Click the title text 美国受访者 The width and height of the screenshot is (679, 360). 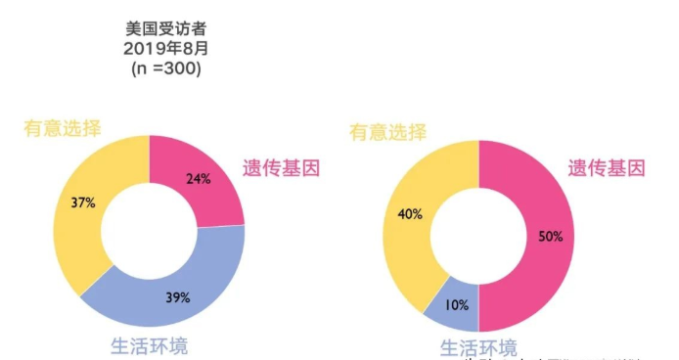click(x=163, y=28)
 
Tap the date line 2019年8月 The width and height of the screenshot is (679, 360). click(x=163, y=49)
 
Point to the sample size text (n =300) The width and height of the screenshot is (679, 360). click(x=163, y=69)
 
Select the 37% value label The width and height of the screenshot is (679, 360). click(x=83, y=203)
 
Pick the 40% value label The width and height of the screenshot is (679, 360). click(x=411, y=213)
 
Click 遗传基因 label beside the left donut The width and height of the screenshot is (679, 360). click(x=282, y=168)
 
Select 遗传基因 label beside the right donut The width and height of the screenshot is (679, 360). click(x=607, y=168)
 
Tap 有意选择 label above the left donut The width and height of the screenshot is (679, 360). click(x=62, y=128)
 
